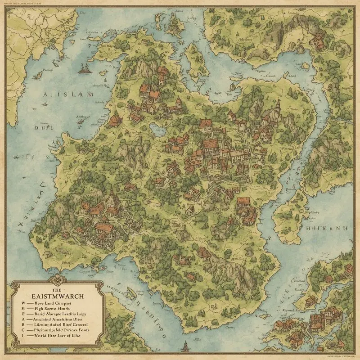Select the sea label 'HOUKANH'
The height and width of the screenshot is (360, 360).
coord(327,229)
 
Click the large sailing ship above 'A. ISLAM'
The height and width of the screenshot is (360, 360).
coord(84,68)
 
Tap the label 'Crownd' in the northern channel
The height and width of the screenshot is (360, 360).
coord(270,76)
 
